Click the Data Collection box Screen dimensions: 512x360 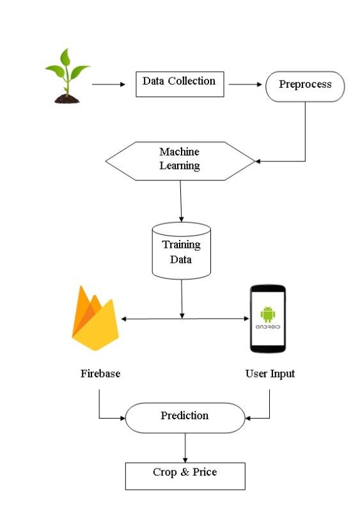[x=180, y=83]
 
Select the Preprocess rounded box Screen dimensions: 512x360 [x=305, y=86]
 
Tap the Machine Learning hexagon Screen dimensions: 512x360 [x=180, y=161]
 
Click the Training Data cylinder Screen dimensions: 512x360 [x=181, y=251]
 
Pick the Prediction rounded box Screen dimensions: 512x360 [x=184, y=417]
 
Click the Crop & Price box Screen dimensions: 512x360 [x=185, y=475]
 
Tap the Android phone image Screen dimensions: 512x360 [x=267, y=318]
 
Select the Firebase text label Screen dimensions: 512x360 [x=100, y=374]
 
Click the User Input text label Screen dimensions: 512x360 [x=270, y=374]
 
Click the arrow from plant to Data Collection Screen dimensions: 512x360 [x=109, y=84]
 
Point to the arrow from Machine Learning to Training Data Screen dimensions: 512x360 [x=181, y=200]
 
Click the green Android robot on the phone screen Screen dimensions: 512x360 [x=267, y=313]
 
